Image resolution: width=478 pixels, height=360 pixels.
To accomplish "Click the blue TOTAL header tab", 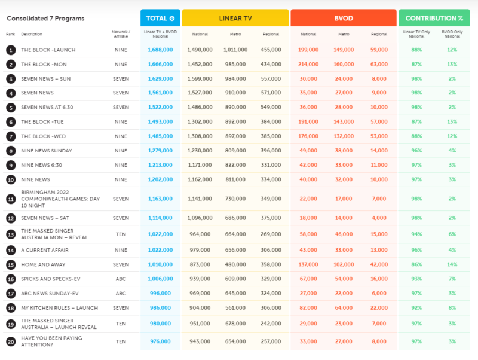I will coord(160,18).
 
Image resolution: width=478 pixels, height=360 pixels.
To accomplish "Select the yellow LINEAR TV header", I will coord(235,18).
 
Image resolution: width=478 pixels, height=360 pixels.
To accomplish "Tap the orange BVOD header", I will coord(343,18).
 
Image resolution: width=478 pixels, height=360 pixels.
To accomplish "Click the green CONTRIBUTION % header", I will coord(434,18).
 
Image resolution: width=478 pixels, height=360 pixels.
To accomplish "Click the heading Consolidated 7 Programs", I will coord(45,19).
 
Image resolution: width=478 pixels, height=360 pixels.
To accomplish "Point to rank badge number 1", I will coord(11,50).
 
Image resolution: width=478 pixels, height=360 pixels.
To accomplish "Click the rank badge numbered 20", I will coord(11,341).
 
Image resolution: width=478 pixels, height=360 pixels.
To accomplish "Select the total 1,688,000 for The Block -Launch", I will coord(160,50).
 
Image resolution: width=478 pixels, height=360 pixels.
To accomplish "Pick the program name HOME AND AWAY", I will coord(43,264).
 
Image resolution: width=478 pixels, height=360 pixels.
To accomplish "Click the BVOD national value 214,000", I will coord(308,64).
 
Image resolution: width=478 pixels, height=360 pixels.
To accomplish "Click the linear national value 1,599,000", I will coord(200,78).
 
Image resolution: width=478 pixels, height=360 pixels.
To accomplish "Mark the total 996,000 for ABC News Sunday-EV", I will coord(160,293).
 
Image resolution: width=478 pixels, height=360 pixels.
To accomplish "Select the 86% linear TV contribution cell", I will coord(416,264).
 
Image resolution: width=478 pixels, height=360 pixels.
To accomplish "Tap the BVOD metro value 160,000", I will coord(344,64).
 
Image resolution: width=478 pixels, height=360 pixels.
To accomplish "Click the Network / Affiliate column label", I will coord(121,33).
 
